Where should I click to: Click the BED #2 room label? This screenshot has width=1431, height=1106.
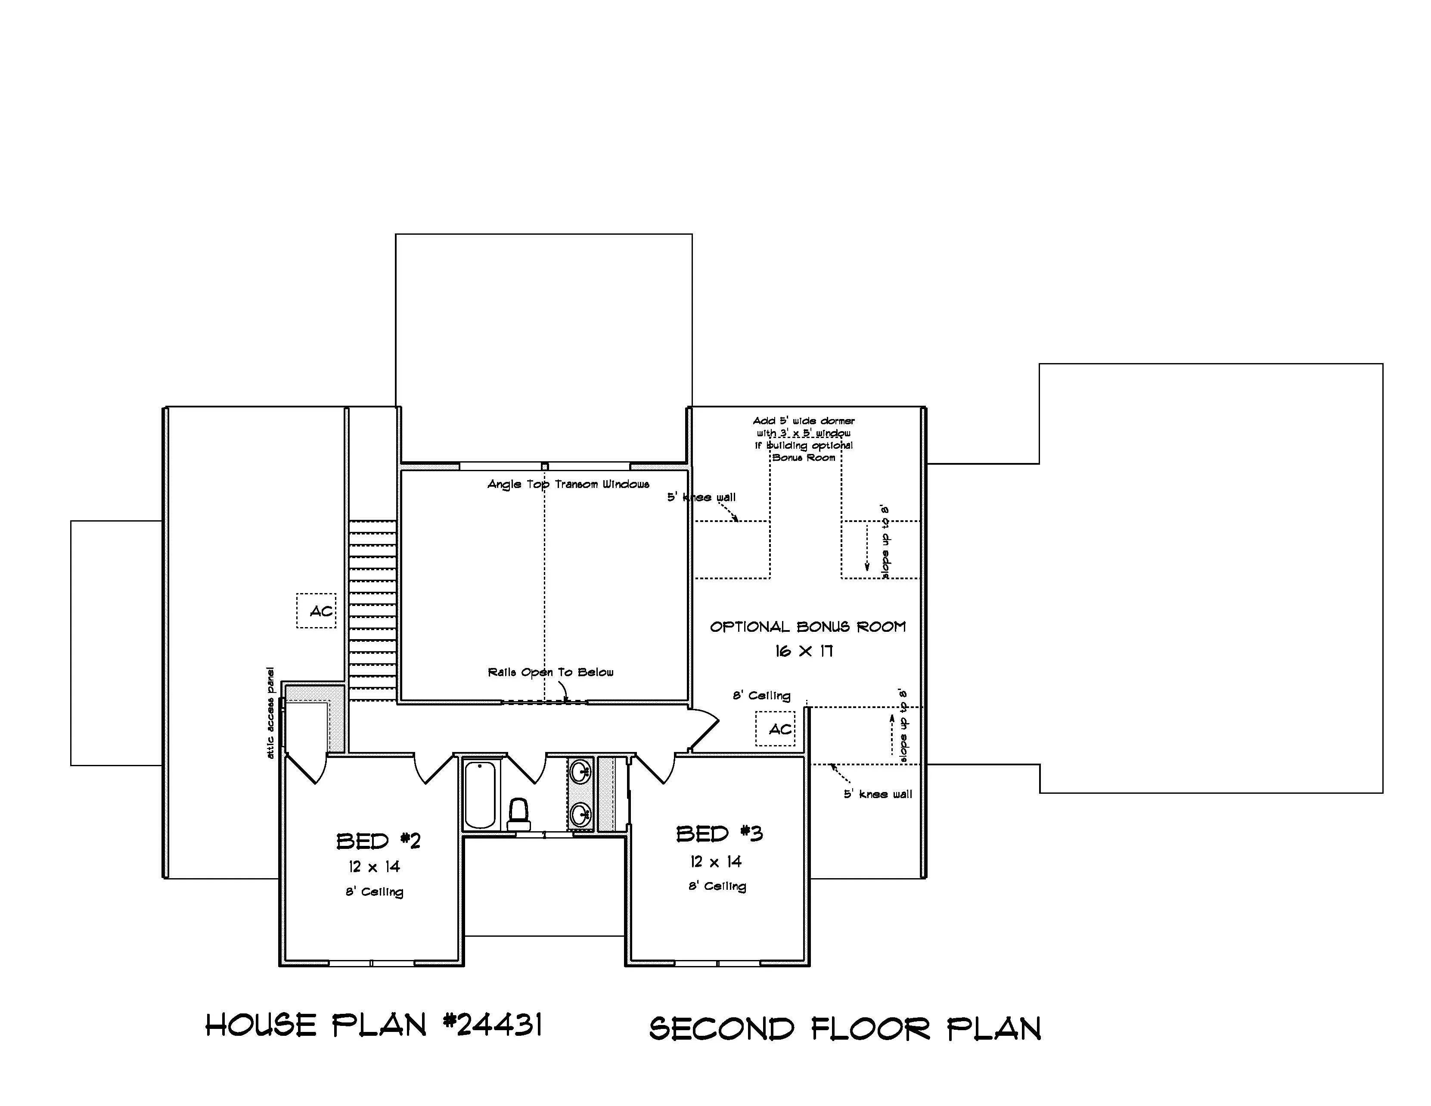point(379,841)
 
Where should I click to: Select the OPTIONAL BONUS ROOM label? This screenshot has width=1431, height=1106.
point(808,627)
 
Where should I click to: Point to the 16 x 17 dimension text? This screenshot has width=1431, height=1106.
point(804,651)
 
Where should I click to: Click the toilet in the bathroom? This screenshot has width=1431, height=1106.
point(518,814)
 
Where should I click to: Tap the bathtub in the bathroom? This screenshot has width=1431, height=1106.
point(480,795)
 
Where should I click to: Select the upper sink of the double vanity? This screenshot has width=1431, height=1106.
point(580,771)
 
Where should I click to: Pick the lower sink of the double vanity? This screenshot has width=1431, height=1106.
point(580,816)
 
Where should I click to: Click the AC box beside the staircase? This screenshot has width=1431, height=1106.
point(317,611)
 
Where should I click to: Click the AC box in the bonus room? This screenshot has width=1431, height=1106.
point(776,729)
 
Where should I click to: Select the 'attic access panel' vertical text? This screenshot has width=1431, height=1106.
point(270,713)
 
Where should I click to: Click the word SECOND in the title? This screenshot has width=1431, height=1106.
point(721,1028)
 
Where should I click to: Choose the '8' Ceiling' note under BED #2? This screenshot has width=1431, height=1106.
point(375,892)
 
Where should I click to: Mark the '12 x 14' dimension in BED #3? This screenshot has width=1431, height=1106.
point(716,862)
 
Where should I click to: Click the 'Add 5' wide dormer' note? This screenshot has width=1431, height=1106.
point(804,421)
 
